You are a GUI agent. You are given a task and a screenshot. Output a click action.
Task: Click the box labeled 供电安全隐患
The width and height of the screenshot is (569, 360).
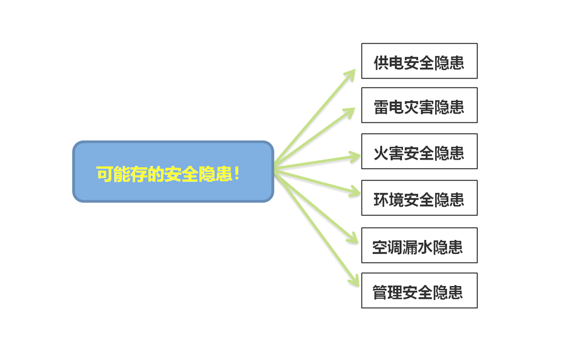419,61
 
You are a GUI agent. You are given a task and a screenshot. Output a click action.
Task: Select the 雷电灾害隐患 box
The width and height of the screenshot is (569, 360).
419,105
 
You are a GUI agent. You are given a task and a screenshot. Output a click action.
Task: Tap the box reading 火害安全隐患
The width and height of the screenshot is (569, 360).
419,151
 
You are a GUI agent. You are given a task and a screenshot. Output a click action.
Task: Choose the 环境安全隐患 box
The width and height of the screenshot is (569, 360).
419,198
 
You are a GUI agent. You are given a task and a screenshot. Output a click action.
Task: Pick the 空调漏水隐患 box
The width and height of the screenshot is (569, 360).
419,245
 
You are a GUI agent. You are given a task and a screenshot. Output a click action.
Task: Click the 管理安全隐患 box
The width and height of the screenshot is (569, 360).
419,291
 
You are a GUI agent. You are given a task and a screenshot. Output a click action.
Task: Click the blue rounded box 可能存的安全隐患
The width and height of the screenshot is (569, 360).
173,172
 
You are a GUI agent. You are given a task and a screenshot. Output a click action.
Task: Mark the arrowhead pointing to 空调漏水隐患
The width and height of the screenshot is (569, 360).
353,239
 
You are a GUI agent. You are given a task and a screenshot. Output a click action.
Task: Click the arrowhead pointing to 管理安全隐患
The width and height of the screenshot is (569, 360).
355,281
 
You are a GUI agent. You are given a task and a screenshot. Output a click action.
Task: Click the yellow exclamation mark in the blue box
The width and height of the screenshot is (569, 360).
237,174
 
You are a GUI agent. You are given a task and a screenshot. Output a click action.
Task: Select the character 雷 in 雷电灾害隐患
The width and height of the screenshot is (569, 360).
381,107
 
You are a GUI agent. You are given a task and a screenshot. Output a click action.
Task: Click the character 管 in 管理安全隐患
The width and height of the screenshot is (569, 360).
380,292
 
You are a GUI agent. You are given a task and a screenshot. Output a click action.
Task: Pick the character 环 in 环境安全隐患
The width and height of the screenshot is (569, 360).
381,200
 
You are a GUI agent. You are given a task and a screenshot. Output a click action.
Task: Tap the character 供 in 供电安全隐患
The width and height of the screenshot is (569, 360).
381,63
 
